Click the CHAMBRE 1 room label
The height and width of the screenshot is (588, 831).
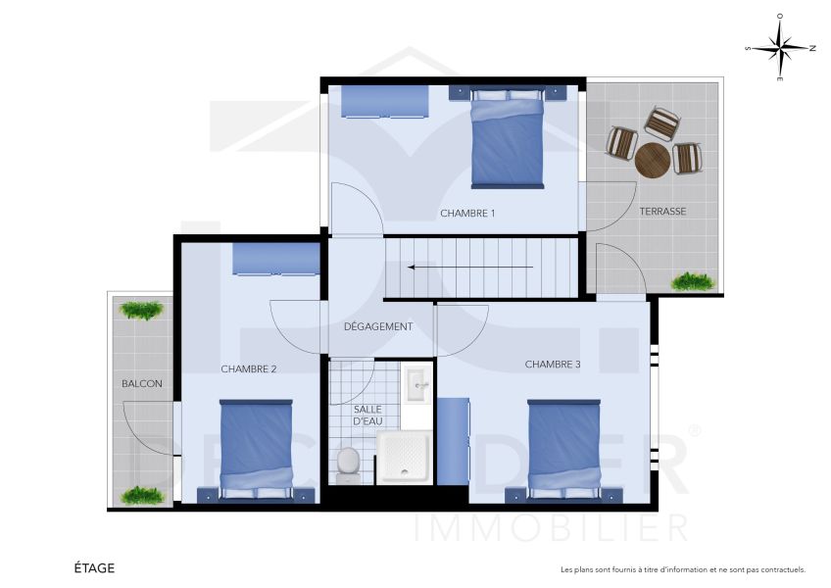click(467, 213)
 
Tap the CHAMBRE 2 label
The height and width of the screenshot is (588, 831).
click(249, 369)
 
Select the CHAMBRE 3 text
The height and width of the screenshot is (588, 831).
click(553, 365)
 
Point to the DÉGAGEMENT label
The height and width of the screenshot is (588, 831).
click(378, 326)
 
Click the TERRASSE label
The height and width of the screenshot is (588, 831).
click(662, 212)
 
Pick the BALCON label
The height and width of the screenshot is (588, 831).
click(142, 383)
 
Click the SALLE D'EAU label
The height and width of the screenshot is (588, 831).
click(367, 415)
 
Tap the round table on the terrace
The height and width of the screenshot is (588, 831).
click(652, 160)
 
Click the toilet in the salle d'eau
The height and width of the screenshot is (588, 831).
click(348, 463)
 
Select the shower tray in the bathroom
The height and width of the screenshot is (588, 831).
click(404, 459)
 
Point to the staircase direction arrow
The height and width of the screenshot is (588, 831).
click(470, 267)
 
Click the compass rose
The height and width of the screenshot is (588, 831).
click(780, 47)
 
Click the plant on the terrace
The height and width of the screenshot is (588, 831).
click(693, 281)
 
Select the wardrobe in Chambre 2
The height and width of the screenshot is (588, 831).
click(276, 259)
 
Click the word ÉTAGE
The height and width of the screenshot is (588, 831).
click(94, 567)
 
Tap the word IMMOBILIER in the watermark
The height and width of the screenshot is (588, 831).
click(552, 528)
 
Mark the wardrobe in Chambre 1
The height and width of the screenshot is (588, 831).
click(385, 101)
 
